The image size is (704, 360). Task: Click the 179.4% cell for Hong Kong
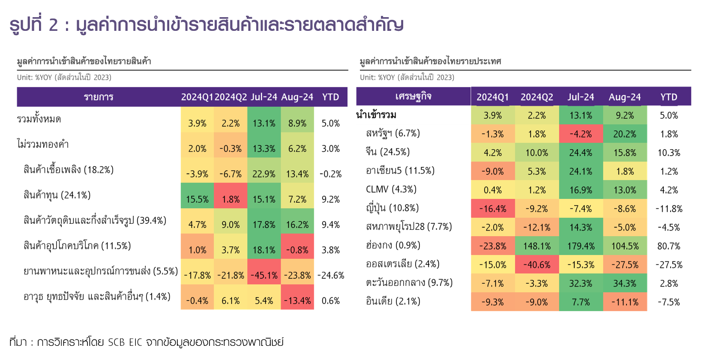click(x=581, y=246)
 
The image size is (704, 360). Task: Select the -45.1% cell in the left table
click(x=264, y=275)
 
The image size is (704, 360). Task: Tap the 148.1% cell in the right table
click(x=536, y=246)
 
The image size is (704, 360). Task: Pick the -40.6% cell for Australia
click(x=536, y=265)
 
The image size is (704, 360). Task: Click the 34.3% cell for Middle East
click(x=625, y=283)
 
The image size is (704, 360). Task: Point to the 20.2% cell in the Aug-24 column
click(x=625, y=134)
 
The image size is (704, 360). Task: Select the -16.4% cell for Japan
click(x=492, y=209)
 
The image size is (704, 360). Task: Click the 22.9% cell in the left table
click(x=264, y=174)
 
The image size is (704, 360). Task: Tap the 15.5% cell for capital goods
click(x=197, y=199)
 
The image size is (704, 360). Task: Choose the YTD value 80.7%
click(x=669, y=246)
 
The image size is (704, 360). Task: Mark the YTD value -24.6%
click(x=331, y=275)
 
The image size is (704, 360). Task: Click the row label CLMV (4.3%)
click(x=391, y=189)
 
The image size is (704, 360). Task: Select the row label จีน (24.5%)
click(x=388, y=152)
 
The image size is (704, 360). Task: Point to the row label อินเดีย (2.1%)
click(x=393, y=301)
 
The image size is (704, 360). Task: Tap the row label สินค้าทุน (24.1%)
click(x=57, y=195)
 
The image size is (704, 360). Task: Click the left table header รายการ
click(x=99, y=97)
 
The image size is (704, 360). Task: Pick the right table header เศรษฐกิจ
click(x=413, y=96)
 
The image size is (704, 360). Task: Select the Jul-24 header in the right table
click(x=581, y=97)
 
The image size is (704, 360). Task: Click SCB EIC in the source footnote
click(x=125, y=342)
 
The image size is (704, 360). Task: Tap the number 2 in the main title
click(x=53, y=25)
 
